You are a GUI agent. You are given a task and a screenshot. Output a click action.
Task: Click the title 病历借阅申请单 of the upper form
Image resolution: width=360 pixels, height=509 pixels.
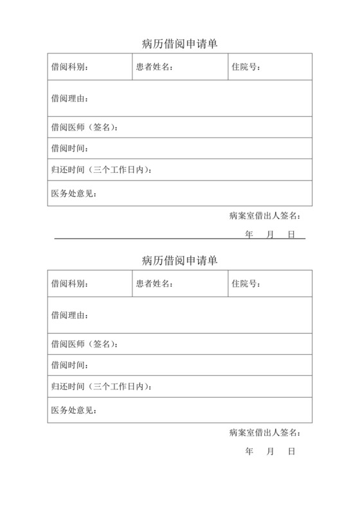point(179,44)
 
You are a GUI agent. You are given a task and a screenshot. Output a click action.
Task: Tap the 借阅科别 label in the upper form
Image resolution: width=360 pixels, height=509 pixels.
point(69,67)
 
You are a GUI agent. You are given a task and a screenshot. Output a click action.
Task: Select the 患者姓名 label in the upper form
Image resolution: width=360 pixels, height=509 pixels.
point(154,67)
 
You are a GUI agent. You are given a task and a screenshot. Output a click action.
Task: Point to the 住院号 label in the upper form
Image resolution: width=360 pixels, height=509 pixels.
point(246,67)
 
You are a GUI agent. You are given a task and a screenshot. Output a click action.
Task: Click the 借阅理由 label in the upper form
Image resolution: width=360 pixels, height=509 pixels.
point(69,98)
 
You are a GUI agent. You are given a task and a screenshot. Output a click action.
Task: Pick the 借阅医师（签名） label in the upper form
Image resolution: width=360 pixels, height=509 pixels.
point(84,127)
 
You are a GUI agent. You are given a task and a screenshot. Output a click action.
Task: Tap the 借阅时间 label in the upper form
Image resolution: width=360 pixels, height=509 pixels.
point(69,148)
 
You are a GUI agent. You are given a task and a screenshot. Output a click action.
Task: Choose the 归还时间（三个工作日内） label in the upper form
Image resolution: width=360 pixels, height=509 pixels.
point(102,170)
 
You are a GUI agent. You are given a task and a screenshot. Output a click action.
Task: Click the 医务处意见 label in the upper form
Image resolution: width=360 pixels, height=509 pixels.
point(74,193)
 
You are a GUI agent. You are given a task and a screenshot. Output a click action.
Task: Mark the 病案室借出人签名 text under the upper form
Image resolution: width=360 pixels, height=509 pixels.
point(264,216)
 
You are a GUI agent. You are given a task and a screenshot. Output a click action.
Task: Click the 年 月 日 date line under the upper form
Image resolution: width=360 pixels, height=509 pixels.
point(270,235)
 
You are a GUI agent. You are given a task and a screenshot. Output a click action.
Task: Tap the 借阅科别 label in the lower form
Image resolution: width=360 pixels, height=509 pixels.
point(69,283)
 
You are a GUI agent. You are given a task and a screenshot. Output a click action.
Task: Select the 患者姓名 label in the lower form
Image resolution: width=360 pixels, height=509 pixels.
point(154,283)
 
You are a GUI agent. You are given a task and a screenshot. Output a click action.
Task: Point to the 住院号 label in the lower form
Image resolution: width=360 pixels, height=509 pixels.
point(246,283)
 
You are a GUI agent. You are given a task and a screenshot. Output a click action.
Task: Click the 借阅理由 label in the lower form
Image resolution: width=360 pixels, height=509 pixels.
point(69,315)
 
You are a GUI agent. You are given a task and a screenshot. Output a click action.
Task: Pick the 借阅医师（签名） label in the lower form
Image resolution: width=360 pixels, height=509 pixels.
point(84,344)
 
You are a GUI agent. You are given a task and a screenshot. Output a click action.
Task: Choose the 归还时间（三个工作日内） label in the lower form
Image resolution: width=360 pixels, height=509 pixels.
point(102,387)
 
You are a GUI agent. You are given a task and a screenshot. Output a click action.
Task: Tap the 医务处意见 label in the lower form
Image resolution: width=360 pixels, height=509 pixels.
point(74,410)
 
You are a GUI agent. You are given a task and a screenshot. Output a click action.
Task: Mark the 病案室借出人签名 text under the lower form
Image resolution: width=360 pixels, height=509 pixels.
point(264,433)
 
